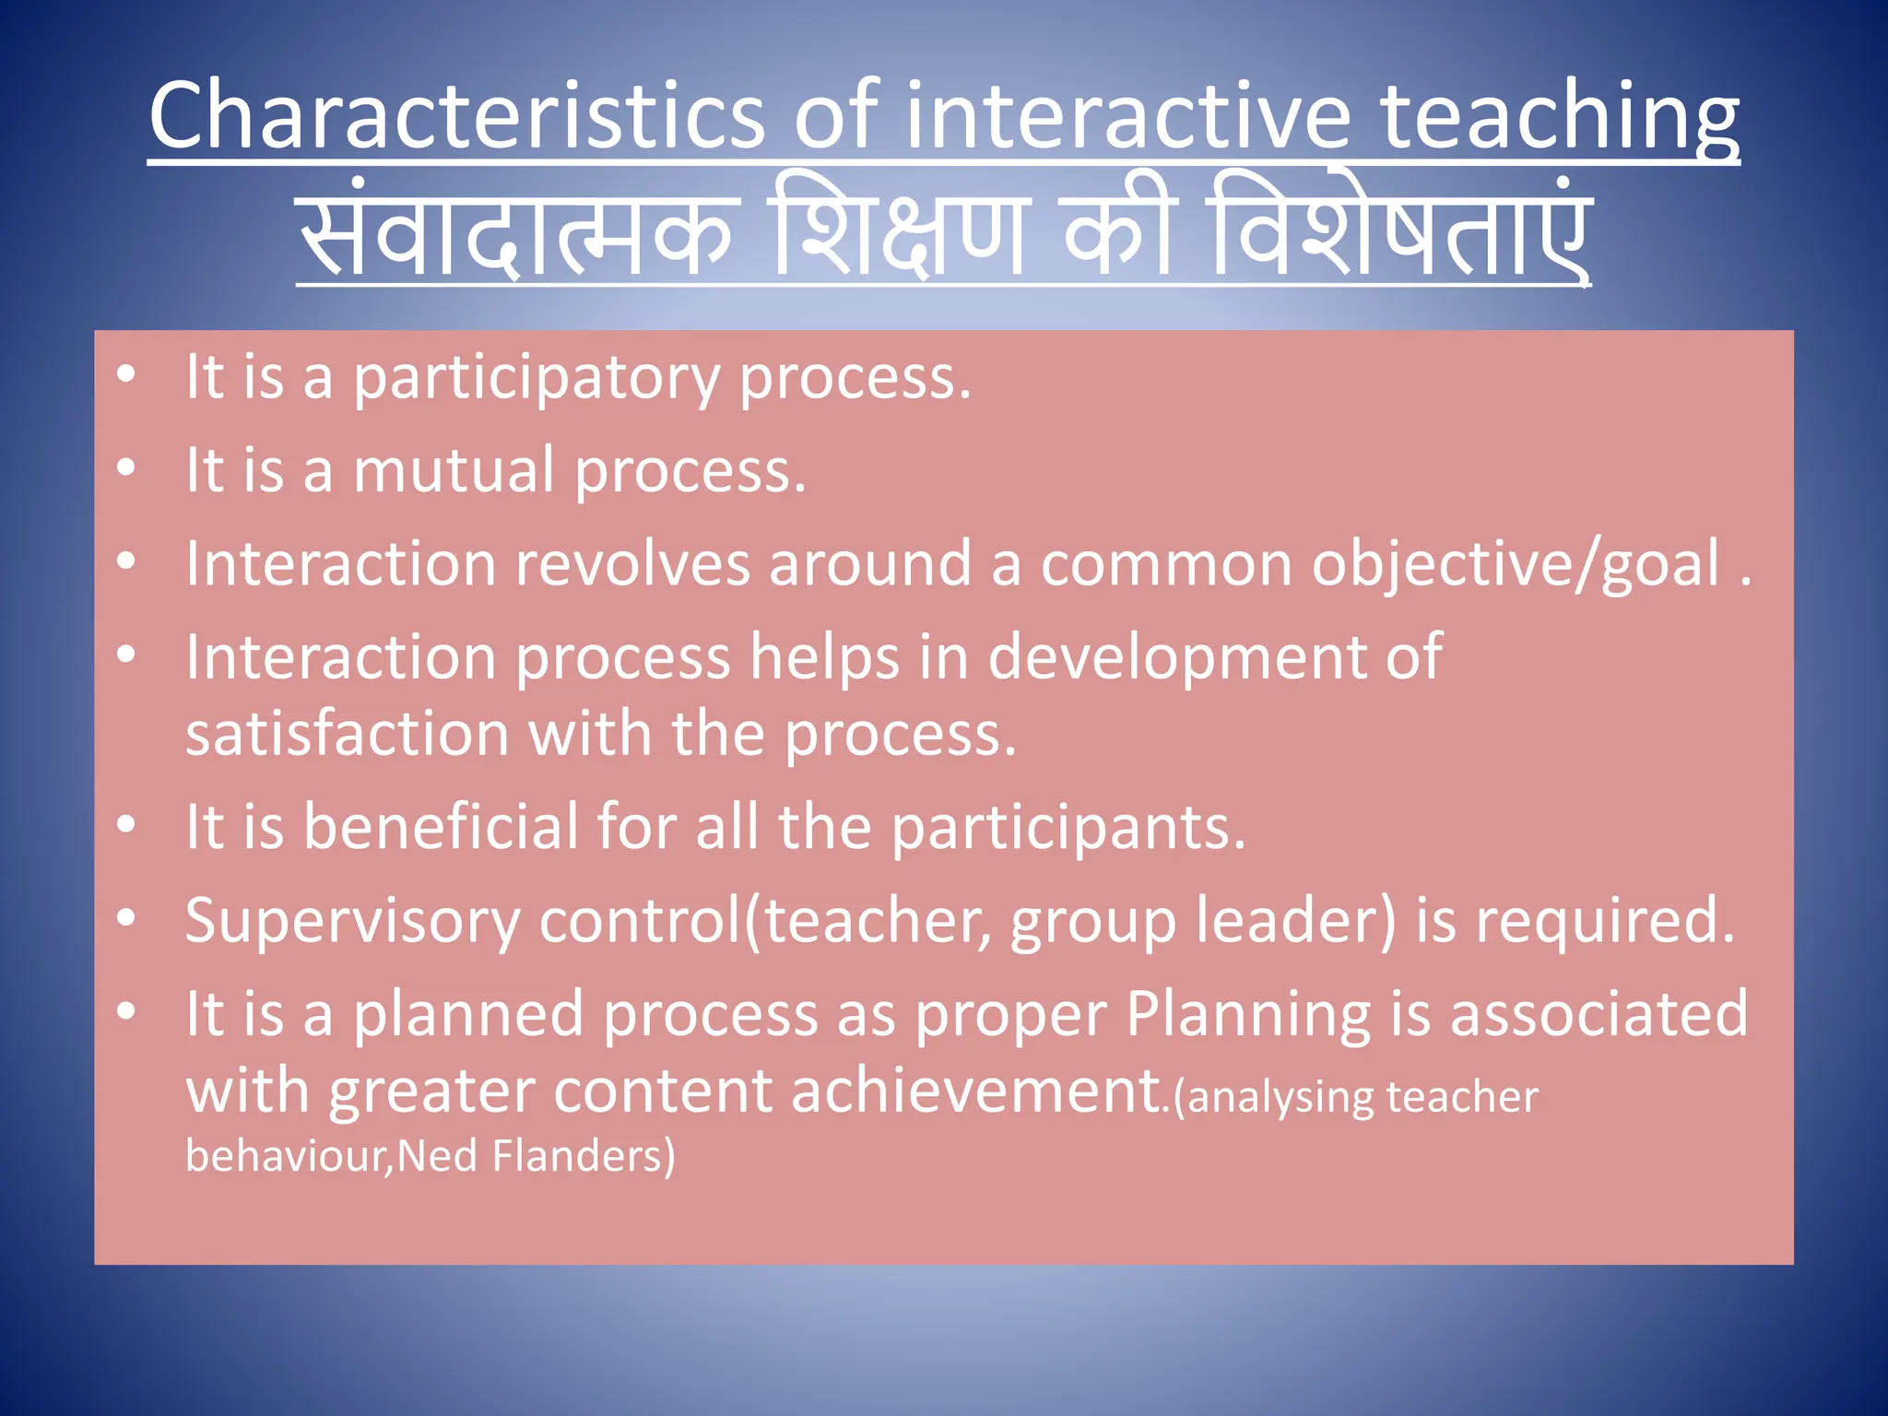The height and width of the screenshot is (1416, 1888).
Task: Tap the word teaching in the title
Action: (1558, 118)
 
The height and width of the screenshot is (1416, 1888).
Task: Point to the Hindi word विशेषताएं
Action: (1401, 230)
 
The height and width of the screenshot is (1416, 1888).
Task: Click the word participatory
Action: (537, 379)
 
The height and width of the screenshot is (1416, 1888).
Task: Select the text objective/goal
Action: (1516, 565)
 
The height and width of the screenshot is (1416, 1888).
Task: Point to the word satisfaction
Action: (348, 735)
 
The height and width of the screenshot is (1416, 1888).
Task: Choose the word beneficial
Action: (441, 826)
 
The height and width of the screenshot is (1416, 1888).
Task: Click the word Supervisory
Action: (352, 921)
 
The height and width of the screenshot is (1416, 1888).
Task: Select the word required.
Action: (1605, 921)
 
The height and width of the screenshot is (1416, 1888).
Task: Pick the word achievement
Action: (980, 1091)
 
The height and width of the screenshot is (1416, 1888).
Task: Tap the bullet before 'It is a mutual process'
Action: (126, 468)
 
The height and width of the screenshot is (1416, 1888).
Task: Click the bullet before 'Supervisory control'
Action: (126, 918)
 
